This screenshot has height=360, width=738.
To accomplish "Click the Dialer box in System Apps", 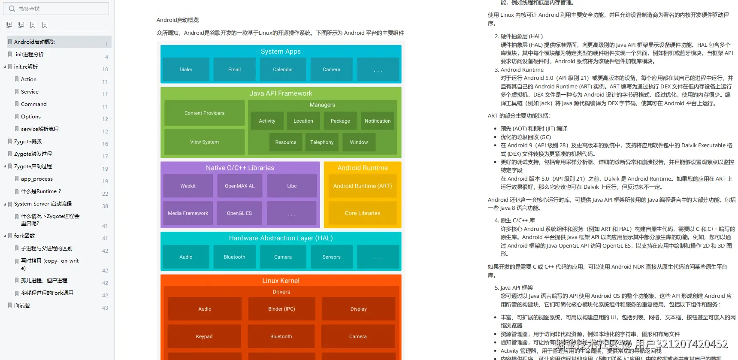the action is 186,70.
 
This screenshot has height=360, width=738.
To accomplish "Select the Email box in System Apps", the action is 234,70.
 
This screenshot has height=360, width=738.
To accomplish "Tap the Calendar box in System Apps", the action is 283,70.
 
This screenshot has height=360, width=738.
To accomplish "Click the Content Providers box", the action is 204,113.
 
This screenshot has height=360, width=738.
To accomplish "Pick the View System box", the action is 204,142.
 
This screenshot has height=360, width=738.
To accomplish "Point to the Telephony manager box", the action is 322,142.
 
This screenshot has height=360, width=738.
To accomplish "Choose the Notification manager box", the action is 378,121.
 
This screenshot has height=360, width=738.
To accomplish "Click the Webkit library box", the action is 188,186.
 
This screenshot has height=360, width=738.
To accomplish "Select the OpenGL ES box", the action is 239,213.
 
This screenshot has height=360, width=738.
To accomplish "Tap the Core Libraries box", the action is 363,213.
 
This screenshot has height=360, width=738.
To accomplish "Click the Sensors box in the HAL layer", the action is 331,257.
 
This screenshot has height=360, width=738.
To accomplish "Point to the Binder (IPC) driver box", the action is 281,309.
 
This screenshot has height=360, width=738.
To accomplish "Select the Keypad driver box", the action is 204,337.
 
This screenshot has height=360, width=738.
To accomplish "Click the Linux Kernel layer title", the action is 281,281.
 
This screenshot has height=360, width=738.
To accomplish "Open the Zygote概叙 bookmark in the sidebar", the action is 28,142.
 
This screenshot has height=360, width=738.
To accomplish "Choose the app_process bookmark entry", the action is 37,179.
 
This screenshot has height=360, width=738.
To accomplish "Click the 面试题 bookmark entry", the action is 22,306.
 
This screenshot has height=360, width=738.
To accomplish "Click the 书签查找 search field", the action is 60,9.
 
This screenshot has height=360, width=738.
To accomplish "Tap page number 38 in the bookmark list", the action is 105,206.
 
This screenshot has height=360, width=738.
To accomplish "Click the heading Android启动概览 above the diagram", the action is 178,20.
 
